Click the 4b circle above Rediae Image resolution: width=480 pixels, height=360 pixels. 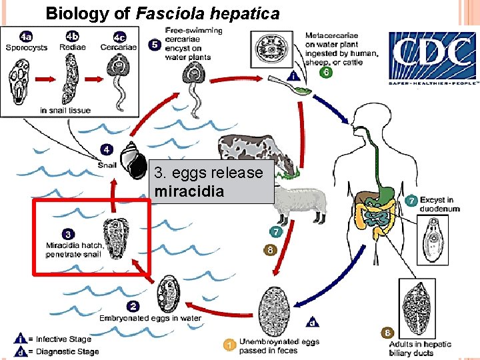tap(72, 37)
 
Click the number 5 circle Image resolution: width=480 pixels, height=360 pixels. tap(153, 45)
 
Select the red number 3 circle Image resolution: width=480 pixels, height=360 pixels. tap(68, 234)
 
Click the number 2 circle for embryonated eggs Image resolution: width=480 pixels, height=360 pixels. tap(133, 306)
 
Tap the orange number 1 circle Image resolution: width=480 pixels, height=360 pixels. tap(229, 345)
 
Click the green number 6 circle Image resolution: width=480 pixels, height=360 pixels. tap(325, 73)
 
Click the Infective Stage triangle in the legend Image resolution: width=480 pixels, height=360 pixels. tap(21, 339)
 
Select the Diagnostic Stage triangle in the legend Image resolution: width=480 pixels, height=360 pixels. tap(21, 351)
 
